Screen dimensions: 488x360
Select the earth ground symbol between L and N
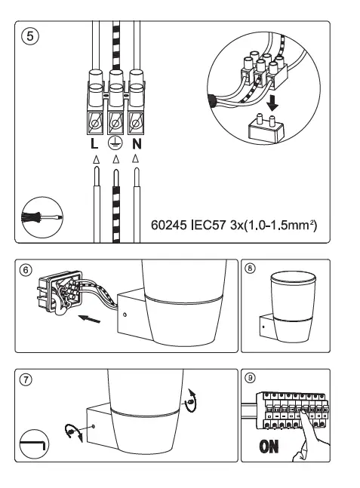tap(115, 143)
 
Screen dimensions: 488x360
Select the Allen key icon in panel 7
tap(33, 443)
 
